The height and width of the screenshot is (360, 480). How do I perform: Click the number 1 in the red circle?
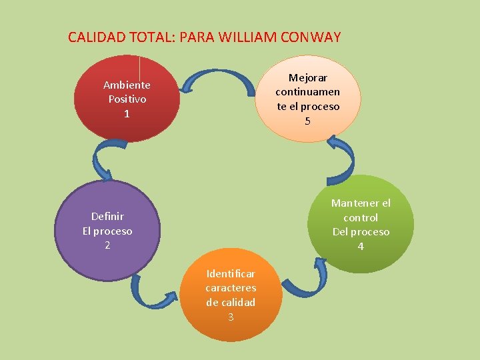click(x=127, y=114)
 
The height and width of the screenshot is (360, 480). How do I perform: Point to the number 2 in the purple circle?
click(x=107, y=245)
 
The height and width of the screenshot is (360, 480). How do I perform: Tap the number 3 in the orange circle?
click(x=231, y=317)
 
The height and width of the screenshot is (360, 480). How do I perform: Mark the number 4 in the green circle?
click(x=361, y=247)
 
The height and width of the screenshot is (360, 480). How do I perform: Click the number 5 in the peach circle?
click(x=307, y=121)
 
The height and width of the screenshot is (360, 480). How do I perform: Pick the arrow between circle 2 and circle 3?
click(x=153, y=293)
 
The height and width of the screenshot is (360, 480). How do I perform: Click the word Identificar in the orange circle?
click(x=231, y=273)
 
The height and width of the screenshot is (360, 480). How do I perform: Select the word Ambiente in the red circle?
click(x=127, y=85)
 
